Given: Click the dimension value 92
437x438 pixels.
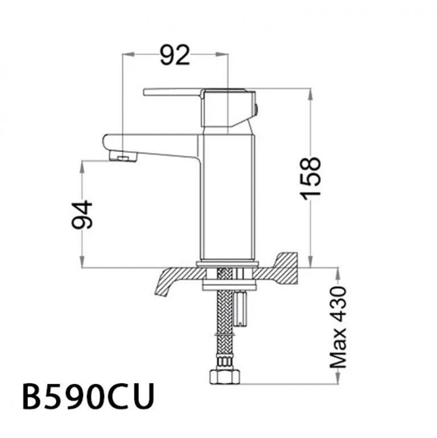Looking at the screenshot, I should pyautogui.click(x=174, y=55).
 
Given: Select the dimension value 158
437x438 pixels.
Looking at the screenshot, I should pyautogui.click(x=312, y=178).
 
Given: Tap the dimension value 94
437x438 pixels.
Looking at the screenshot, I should pyautogui.click(x=83, y=214).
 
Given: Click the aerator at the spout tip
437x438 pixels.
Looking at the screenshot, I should pyautogui.click(x=122, y=157).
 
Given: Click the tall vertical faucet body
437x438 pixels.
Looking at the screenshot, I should pyautogui.click(x=226, y=197).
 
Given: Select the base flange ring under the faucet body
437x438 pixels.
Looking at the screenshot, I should pyautogui.click(x=228, y=264).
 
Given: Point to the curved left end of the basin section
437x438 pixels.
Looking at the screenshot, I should pyautogui.click(x=162, y=285).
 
